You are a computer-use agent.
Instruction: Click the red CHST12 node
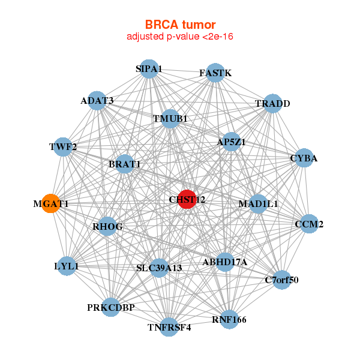pos(188,199)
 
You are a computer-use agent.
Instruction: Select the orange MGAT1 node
pos(52,203)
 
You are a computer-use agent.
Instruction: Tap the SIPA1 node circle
pos(149,69)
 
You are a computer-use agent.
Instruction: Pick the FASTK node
pos(215,73)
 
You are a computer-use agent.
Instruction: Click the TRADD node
pos(272,103)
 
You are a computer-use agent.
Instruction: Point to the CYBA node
pos(304,158)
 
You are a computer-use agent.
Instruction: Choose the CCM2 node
pos(309,224)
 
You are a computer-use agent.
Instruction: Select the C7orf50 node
pos(282,279)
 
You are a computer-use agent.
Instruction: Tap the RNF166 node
pos(229,319)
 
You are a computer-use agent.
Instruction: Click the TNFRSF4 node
pos(169,327)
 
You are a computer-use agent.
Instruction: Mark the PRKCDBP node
pos(111,307)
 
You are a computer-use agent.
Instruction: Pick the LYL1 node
pos(67,265)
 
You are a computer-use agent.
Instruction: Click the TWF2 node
pos(63,146)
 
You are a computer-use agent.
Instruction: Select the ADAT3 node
pos(97,100)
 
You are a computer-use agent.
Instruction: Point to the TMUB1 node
pos(170,118)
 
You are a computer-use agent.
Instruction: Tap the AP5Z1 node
pos(231,142)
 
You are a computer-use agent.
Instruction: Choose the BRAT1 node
pos(124,164)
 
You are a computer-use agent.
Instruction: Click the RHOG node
pos(108,226)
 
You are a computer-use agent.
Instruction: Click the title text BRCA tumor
pos(180,25)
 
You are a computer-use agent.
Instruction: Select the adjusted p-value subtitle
pos(180,37)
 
